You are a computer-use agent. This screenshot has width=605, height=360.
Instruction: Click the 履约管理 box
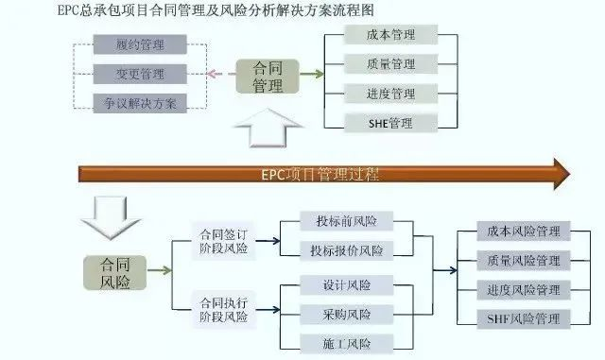(140, 44)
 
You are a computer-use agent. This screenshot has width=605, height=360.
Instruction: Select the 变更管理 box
(140, 74)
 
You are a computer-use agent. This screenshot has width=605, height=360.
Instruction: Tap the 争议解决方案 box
(140, 102)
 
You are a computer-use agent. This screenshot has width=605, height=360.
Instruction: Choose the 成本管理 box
(389, 34)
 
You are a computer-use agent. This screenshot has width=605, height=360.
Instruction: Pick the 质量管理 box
(389, 64)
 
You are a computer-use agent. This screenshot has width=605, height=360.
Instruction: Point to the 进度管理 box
(389, 94)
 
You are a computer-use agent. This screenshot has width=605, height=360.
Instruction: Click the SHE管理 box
(389, 123)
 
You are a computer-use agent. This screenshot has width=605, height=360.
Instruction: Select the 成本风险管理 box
(523, 231)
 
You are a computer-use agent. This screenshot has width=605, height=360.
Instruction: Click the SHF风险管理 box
(523, 318)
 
